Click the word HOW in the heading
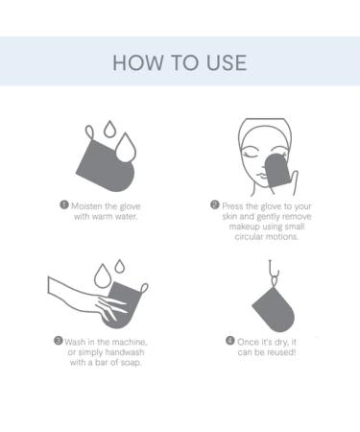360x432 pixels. [x=138, y=62]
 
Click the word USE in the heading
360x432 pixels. [x=227, y=62]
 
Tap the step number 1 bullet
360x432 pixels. [x=64, y=204]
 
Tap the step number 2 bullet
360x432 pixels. [x=215, y=204]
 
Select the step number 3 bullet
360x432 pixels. [x=58, y=341]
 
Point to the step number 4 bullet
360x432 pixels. [x=230, y=341]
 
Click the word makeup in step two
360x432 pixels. [x=244, y=228]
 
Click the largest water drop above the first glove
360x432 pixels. [x=126, y=148]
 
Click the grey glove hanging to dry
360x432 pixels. [x=275, y=309]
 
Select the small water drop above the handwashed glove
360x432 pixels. [x=120, y=266]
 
